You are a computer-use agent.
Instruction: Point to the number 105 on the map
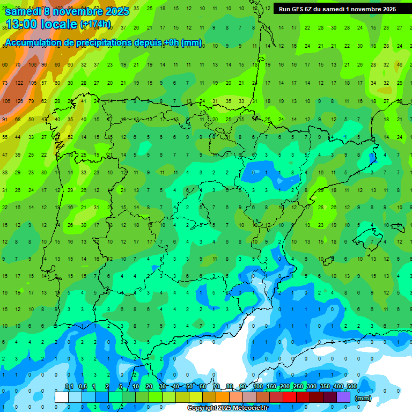pos(32,83)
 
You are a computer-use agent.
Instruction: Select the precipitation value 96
pos(45,65)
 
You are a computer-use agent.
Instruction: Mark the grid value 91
pos(5,119)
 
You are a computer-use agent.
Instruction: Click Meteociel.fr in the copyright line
pos(246,408)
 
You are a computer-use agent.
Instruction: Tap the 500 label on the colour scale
pos(351,386)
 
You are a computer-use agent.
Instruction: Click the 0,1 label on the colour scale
pos(69,386)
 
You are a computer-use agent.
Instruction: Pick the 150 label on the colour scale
pos(271,386)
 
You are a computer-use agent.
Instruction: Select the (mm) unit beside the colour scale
pos(363,398)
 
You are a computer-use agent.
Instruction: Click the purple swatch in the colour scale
pos(343,397)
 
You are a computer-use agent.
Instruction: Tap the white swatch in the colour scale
pos(62,397)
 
